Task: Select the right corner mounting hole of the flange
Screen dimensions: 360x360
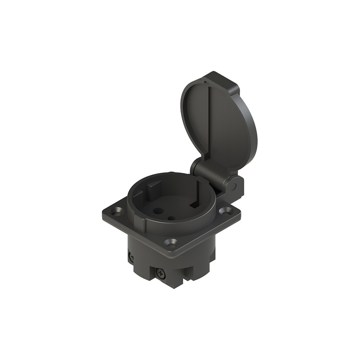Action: tap(226, 211)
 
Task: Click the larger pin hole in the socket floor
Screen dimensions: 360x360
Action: tap(157, 212)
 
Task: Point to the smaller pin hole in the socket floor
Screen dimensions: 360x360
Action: tap(171, 218)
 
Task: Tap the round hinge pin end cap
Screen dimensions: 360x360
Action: tap(233, 186)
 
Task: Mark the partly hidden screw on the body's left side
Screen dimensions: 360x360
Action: tap(130, 256)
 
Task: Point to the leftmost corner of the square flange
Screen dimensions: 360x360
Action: tap(104, 211)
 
